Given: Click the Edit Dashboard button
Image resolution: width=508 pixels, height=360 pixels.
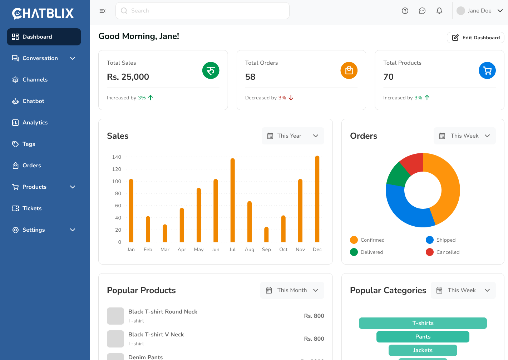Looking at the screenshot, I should point(475,38).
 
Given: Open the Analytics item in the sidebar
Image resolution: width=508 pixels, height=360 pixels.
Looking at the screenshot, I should point(35,123).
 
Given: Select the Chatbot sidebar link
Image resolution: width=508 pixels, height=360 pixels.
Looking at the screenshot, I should point(33,101).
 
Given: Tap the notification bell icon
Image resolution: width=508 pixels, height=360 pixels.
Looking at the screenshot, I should point(439,11).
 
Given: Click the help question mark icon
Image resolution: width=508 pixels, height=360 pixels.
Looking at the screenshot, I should point(405,11).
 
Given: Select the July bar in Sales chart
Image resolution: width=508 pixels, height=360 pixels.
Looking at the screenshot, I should point(233,200).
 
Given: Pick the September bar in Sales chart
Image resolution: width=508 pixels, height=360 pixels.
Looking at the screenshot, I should point(266,235).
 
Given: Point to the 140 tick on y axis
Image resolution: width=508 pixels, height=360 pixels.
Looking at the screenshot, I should point(117,157).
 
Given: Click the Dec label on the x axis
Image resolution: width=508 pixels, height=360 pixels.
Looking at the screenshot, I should point(317,250).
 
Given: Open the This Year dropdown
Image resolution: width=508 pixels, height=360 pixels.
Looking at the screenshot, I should point(293,136).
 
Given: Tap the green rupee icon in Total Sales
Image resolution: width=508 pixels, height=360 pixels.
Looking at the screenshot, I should point(211,70).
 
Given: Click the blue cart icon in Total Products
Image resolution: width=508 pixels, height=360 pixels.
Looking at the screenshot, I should point(487,70).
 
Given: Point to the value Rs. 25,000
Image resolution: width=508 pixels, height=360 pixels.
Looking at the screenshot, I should point(128,77).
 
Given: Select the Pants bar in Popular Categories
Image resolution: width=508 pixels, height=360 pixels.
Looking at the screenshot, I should point(423,337).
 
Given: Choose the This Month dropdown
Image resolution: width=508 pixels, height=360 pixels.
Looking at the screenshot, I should point(292,290).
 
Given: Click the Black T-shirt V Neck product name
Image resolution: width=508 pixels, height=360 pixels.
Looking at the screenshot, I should point(156,335).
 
